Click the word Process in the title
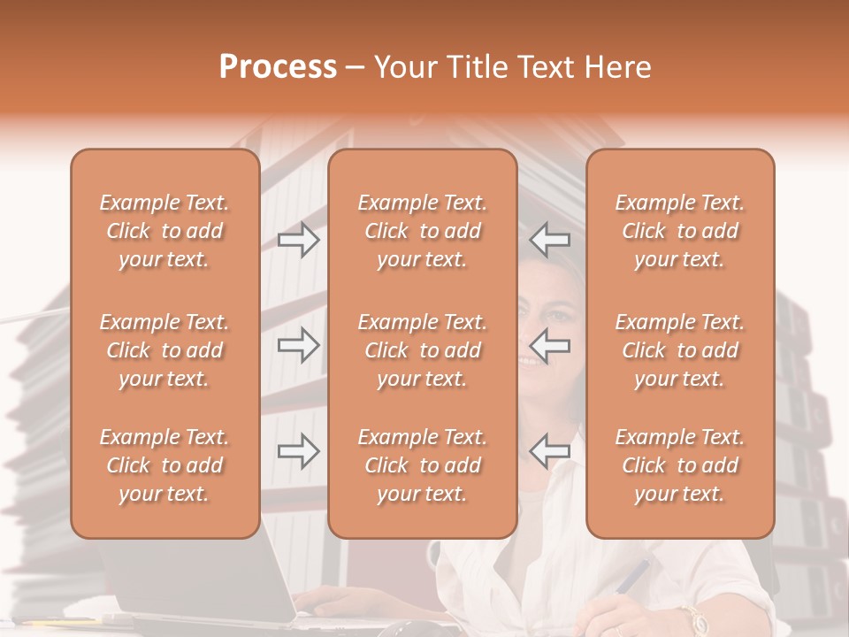coord(278,67)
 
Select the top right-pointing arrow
coord(298,240)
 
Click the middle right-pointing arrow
coord(298,344)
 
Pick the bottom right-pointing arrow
coord(298,451)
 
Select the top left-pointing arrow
coord(549,240)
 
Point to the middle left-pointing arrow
coord(549,344)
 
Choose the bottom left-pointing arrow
coord(549,451)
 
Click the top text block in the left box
coord(164,231)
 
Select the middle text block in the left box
coord(164,350)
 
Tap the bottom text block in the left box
coord(164,465)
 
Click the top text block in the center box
coord(422,231)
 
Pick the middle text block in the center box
coord(422,350)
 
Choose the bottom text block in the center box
coord(422,465)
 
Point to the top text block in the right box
coord(679,231)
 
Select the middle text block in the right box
coord(679,350)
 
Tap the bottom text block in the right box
coord(679,465)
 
